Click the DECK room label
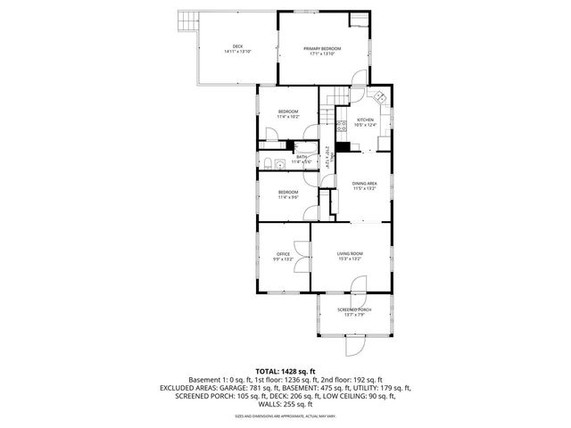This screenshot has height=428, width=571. pos(237,46)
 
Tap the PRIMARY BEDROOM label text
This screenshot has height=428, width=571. pos(322,48)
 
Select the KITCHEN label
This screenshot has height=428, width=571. pos(366,119)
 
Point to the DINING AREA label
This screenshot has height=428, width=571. pos(364,184)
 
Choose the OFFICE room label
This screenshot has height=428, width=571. pos(283,254)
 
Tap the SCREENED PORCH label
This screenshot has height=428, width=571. pos(354,309)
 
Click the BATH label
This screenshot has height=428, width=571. pos(301,157)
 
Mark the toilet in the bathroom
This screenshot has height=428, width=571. pos(268,160)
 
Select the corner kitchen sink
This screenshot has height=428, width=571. pos(379,97)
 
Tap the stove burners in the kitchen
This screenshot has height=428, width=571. pos(341,126)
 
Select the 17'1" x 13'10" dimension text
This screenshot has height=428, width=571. pos(322,54)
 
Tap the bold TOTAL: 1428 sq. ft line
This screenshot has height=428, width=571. pos(285,371)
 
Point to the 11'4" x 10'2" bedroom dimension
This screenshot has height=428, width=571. pos(287,117)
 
